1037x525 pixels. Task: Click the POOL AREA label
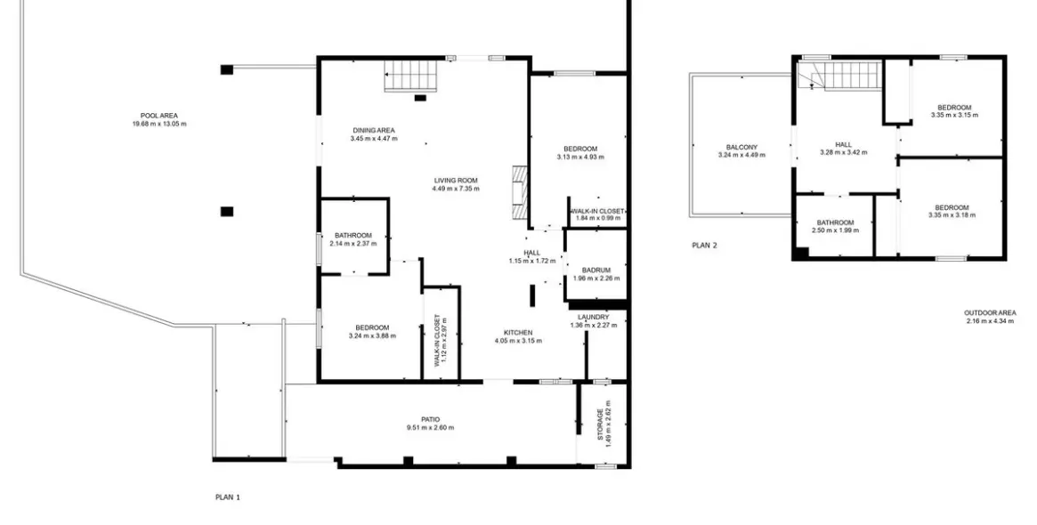pyautogui.click(x=158, y=116)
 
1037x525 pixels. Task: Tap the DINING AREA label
pyautogui.click(x=374, y=130)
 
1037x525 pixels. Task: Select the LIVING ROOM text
pyautogui.click(x=456, y=181)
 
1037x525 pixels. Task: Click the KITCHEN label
pyautogui.click(x=518, y=333)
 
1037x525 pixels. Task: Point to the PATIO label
pyautogui.click(x=431, y=419)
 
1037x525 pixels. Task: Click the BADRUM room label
pyautogui.click(x=595, y=270)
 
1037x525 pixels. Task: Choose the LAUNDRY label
pyautogui.click(x=593, y=318)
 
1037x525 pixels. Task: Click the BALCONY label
pyautogui.click(x=741, y=148)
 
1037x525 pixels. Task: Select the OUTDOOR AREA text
pyautogui.click(x=990, y=312)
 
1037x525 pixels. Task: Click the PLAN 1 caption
pyautogui.click(x=228, y=497)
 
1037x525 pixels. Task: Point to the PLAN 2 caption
pyautogui.click(x=704, y=246)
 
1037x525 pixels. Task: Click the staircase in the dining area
pyautogui.click(x=411, y=76)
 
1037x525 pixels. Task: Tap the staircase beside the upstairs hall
pyautogui.click(x=840, y=76)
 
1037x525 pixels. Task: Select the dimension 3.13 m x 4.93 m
pyautogui.click(x=580, y=157)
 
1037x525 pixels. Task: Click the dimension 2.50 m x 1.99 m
pyautogui.click(x=835, y=230)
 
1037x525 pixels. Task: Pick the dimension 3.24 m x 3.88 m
pyautogui.click(x=372, y=335)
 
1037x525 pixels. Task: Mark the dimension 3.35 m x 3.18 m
pyautogui.click(x=952, y=214)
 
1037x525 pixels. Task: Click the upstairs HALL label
pyautogui.click(x=843, y=144)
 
